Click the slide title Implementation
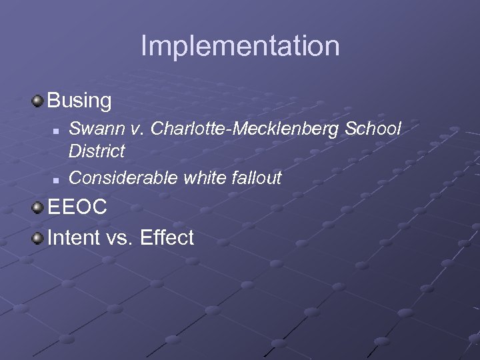point(240,46)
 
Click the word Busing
point(79,101)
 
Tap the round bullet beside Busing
point(38,101)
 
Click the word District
point(97,151)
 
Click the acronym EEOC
point(77,207)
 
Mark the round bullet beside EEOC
point(38,207)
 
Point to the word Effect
point(167,237)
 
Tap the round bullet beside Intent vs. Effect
point(38,237)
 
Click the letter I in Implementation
point(144,46)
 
